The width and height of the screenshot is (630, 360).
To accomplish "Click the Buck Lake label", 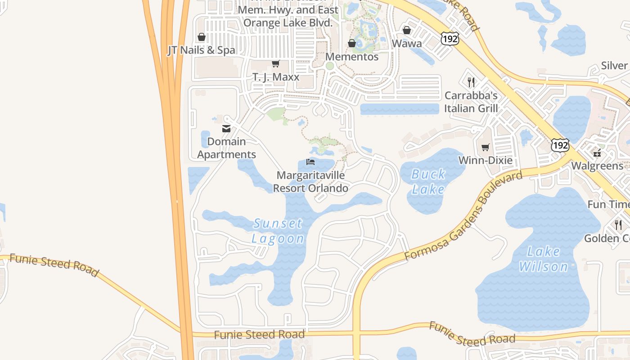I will (428, 181).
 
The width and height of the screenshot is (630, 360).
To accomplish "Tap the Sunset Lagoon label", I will (278, 230).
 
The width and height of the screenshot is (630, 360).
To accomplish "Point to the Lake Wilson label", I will (544, 259).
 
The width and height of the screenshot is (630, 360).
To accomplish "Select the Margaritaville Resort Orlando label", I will (310, 182).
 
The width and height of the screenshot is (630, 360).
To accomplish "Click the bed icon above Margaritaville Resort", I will (310, 162).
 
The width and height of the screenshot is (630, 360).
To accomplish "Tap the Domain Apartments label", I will (226, 148).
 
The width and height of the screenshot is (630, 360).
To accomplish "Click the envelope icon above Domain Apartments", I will (226, 129).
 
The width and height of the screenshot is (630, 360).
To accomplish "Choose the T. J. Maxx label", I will (276, 77).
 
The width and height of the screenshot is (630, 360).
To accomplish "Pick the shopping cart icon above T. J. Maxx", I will (275, 64).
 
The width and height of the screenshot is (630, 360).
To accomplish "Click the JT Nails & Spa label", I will (201, 50).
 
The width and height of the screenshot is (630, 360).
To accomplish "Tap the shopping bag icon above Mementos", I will (352, 43).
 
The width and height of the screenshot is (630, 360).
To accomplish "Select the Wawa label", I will (407, 43).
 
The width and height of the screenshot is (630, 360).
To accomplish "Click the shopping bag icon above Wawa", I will (407, 30).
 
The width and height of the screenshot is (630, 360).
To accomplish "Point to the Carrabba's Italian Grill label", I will (471, 102).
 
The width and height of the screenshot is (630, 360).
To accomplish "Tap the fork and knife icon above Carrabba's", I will (471, 82).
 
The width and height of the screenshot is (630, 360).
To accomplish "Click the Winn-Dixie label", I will (485, 160).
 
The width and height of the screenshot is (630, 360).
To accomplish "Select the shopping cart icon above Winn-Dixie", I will (485, 147).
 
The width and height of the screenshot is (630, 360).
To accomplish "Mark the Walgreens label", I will (597, 166).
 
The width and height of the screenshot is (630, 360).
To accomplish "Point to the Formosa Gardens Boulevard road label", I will (463, 216).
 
